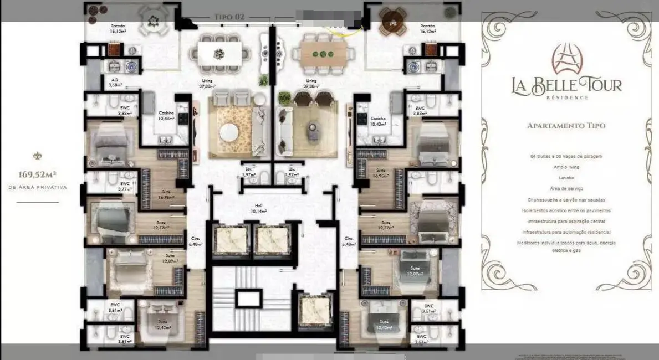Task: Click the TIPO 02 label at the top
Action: click(229, 17)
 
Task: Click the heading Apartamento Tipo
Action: click(566, 126)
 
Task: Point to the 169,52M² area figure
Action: click(38, 175)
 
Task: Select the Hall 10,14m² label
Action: click(258, 209)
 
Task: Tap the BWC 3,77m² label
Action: click(125, 186)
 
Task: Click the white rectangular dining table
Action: click(219, 54)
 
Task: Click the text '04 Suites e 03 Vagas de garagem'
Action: click(566, 157)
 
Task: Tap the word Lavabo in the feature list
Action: click(566, 178)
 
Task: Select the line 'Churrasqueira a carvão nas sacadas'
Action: click(566, 199)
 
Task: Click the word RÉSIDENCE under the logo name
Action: click(566, 97)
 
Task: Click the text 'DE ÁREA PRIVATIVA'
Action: click(38, 188)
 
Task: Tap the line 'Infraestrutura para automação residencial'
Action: click(566, 232)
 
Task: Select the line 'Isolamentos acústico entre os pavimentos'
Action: click(566, 210)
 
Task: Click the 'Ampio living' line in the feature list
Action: click(566, 167)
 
